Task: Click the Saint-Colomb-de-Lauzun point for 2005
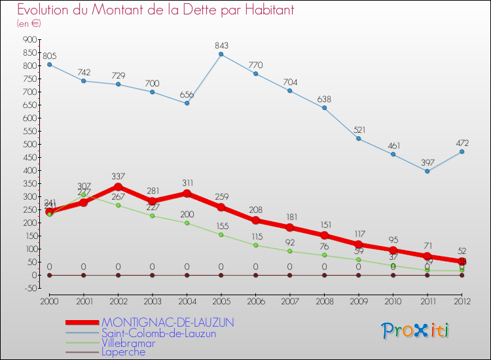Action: point(221,54)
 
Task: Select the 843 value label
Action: point(221,45)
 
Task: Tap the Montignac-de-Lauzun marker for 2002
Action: point(118,187)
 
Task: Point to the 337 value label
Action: point(118,176)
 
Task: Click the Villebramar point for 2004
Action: point(187,223)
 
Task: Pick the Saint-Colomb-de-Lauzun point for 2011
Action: point(427,171)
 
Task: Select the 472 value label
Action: point(462,142)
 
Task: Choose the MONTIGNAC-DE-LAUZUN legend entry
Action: point(168,323)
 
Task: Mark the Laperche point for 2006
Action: point(255,275)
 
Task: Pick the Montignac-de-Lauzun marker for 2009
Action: point(359,245)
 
